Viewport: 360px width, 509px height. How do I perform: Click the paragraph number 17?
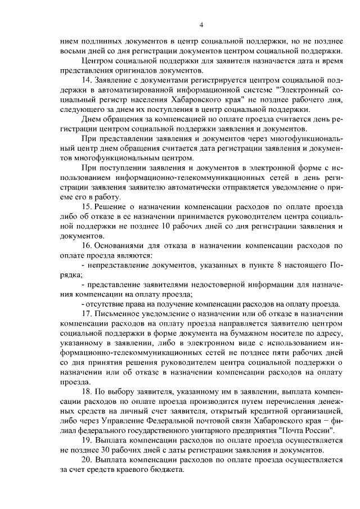tap(87, 313)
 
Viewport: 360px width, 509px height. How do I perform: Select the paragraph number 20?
tap(87, 458)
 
